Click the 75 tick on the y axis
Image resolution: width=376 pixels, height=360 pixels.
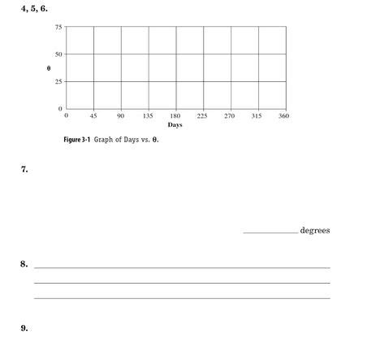(x=58, y=28)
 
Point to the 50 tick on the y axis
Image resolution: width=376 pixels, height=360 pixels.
(x=58, y=54)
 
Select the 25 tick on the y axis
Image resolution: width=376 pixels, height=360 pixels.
(x=58, y=81)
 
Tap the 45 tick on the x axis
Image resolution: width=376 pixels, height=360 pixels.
(x=93, y=117)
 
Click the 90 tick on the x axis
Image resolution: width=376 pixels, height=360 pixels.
(x=120, y=117)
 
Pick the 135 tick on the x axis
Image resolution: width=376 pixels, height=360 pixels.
(x=148, y=117)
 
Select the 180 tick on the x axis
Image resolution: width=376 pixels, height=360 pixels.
(x=175, y=117)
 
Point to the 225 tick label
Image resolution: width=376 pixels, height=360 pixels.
(x=202, y=117)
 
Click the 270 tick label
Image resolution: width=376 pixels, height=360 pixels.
(x=229, y=117)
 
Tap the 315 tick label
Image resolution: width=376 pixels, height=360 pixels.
(x=257, y=117)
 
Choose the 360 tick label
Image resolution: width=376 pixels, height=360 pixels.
(x=283, y=117)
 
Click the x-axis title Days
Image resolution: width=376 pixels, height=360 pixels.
(x=175, y=126)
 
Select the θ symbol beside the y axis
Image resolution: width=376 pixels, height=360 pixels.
(x=49, y=68)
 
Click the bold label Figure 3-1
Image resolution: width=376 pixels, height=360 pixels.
(x=78, y=140)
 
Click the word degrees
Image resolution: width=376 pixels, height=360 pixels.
(x=315, y=231)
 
